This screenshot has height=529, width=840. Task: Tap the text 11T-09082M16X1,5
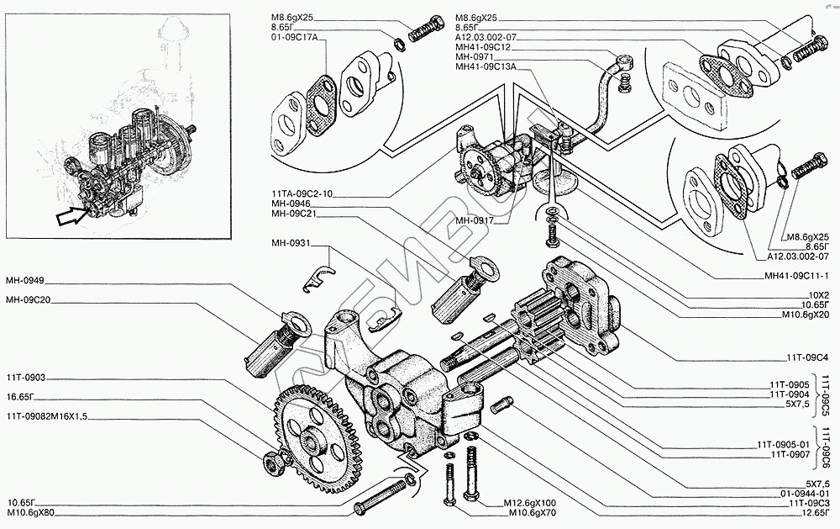46,415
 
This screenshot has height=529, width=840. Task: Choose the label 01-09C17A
293,37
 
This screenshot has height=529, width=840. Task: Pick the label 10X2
815,294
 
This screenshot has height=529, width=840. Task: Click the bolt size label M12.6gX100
534,503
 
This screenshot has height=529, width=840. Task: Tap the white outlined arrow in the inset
71,217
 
